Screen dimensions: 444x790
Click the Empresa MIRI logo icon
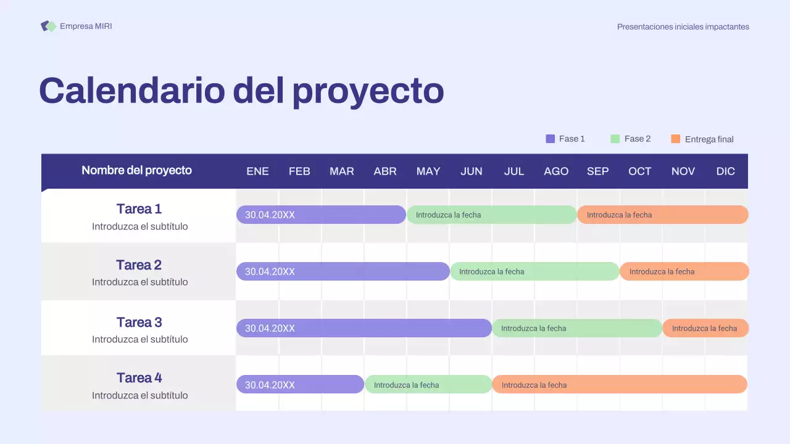[x=48, y=26]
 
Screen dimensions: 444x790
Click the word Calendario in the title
[x=131, y=90]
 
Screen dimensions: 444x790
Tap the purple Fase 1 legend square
[x=551, y=139]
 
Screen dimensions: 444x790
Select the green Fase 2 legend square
[x=615, y=139]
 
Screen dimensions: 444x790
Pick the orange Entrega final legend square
[x=675, y=139]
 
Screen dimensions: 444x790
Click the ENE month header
[x=257, y=171]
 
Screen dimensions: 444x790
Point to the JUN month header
[x=471, y=171]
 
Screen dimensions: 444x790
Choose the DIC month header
[x=725, y=171]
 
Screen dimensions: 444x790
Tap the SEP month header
[x=597, y=171]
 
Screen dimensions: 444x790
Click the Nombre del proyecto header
[x=136, y=170]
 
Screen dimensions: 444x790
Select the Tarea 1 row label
[x=139, y=209]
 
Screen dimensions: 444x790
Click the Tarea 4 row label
[x=139, y=378]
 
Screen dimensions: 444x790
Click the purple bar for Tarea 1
[x=321, y=215]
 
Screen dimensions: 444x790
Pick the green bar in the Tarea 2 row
[x=534, y=271]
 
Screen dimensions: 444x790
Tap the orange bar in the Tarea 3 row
[x=705, y=328]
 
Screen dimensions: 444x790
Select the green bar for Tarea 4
[x=428, y=385]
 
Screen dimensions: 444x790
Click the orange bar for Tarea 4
[x=619, y=385]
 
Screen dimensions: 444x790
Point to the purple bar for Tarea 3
[x=364, y=328]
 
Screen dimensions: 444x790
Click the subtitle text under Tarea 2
[x=140, y=282]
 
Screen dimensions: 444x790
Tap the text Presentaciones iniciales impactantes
[x=683, y=27]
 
